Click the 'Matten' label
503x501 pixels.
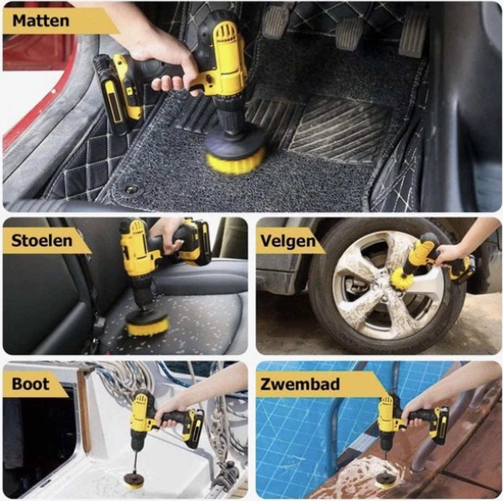[x=41, y=21]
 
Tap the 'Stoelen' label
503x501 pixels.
[x=42, y=241]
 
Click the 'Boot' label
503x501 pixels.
[x=30, y=384]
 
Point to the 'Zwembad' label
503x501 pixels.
[x=300, y=384]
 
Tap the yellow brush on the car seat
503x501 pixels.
[x=148, y=325]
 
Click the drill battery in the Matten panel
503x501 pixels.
[x=115, y=94]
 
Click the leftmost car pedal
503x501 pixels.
[x=276, y=21]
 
